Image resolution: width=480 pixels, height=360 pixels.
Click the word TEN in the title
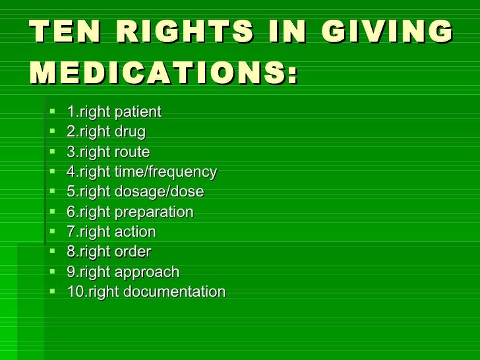click(62, 33)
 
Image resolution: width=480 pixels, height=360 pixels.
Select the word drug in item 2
click(130, 132)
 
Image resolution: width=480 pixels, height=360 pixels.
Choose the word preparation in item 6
click(154, 212)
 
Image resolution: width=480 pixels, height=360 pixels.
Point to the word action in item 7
click(135, 232)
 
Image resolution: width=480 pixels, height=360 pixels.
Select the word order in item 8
click(133, 252)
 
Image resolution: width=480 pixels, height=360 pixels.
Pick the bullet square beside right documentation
click(53, 291)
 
